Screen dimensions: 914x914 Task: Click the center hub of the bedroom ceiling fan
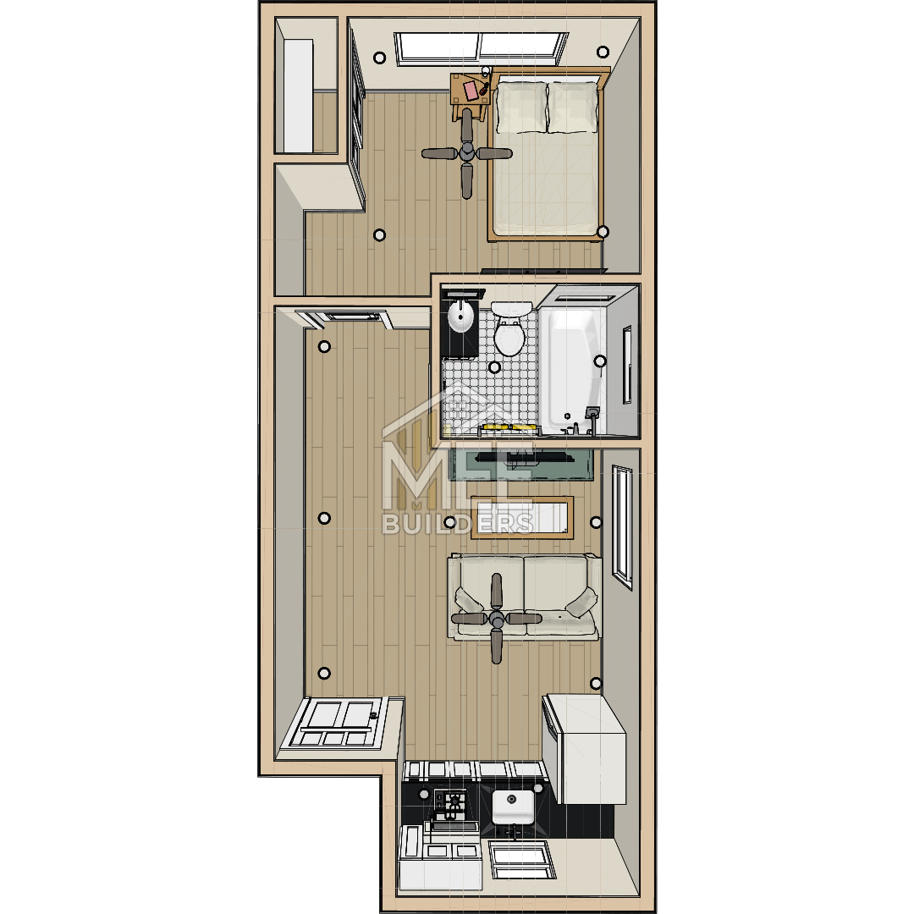pyautogui.click(x=467, y=153)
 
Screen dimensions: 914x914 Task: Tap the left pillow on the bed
pyautogui.click(x=521, y=107)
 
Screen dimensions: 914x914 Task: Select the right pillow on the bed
pyautogui.click(x=573, y=107)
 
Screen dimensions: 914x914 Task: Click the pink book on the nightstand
pyautogui.click(x=471, y=91)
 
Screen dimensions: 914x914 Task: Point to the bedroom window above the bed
pyautogui.click(x=481, y=47)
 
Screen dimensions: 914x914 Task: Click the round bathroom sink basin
pyautogui.click(x=460, y=317)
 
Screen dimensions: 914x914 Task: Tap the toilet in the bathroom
pyautogui.click(x=510, y=328)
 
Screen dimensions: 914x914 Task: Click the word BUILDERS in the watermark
pyautogui.click(x=458, y=524)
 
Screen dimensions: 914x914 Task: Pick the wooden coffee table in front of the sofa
pyautogui.click(x=521, y=518)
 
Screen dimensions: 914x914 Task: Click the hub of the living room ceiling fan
pyautogui.click(x=497, y=619)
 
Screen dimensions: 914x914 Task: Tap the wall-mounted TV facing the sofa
pyautogui.click(x=521, y=456)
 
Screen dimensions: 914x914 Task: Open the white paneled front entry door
pyautogui.click(x=333, y=724)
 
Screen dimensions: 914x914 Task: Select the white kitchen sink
pyautogui.click(x=513, y=807)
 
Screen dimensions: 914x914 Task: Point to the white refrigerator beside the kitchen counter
pyautogui.click(x=584, y=749)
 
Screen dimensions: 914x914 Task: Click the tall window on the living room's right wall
pyautogui.click(x=623, y=527)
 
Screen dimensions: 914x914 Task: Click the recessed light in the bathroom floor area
pyautogui.click(x=494, y=367)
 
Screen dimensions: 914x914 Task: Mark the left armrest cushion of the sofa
pyautogui.click(x=468, y=600)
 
